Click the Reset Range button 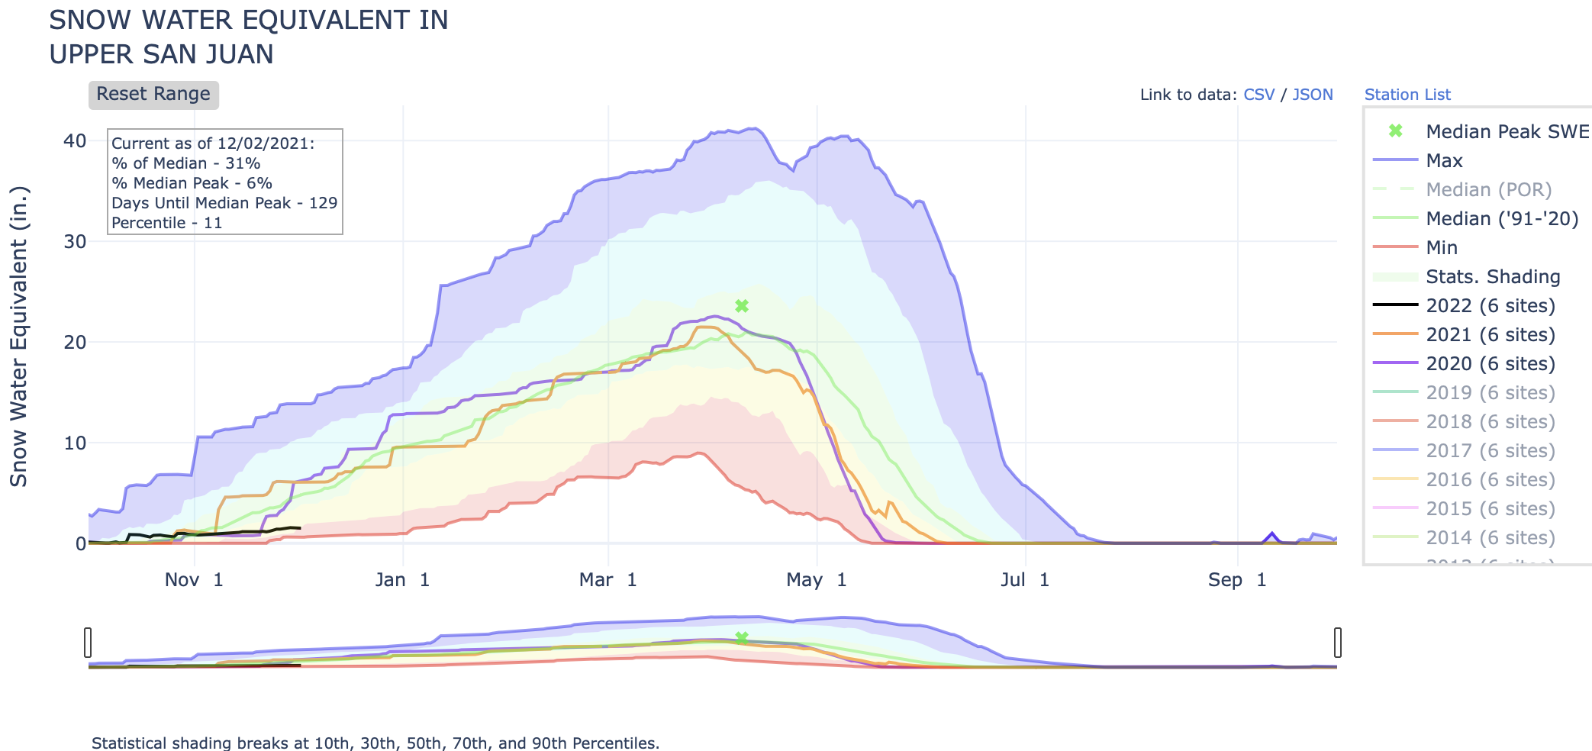point(153,95)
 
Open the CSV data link point(1258,95)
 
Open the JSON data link point(1312,95)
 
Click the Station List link point(1407,95)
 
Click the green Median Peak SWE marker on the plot point(741,306)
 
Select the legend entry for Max point(1444,161)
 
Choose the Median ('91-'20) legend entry point(1501,219)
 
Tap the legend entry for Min point(1441,248)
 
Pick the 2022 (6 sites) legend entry point(1490,306)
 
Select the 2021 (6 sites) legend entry point(1490,335)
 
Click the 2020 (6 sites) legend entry point(1490,364)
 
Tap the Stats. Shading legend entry point(1492,277)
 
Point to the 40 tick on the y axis point(75,141)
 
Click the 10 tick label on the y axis point(75,443)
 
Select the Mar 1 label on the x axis point(607,580)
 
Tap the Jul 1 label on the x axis point(1024,580)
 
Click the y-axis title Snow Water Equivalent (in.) point(18,336)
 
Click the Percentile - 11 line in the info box point(166,223)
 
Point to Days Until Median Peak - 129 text point(224,203)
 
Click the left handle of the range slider point(88,642)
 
